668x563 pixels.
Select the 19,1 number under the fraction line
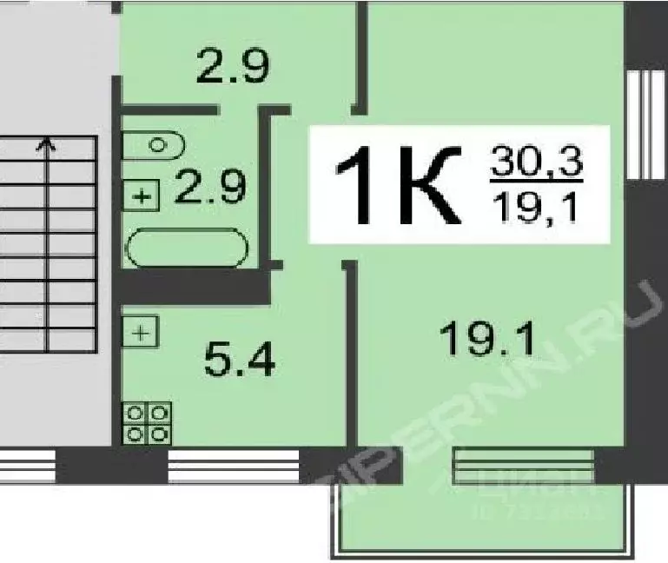535,209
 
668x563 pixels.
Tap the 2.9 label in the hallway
233,65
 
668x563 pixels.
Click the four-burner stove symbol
147,423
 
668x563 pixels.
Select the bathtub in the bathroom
187,248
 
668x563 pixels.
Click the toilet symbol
154,144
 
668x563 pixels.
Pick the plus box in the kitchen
142,331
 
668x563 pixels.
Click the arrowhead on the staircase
45,144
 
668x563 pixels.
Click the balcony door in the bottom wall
523,463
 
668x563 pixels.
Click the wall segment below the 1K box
350,348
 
